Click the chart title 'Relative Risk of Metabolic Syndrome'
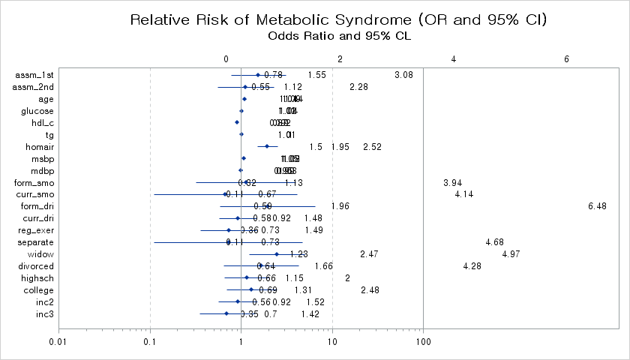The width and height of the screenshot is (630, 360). coord(338,19)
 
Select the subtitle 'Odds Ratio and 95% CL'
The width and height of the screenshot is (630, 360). coord(338,35)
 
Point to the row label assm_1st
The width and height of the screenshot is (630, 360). coord(34,75)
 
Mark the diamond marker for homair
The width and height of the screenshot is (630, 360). coord(266,147)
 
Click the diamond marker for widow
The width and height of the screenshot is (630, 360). coord(277,254)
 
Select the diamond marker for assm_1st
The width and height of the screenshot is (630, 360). coord(258,75)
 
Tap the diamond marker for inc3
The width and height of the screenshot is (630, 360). coord(226,314)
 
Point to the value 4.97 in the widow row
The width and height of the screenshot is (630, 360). coord(511,255)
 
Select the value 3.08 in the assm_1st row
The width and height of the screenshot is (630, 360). coord(403,75)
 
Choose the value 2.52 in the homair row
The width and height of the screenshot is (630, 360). coord(372,147)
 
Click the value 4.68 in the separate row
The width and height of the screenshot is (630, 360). coord(494,242)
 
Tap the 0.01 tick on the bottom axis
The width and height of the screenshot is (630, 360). coord(58,342)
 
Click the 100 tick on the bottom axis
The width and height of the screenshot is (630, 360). coord(423,342)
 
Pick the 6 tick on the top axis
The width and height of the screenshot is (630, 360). coord(567,58)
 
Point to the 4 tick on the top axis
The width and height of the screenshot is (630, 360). coord(454,58)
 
